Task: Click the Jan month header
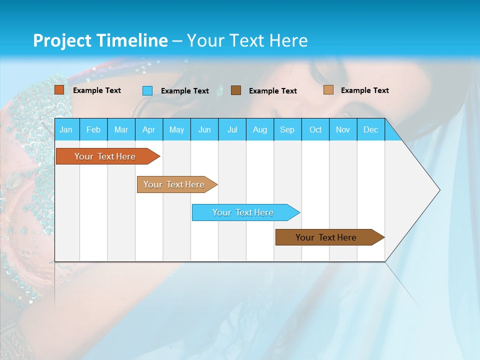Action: click(66, 129)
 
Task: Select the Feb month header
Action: click(93, 129)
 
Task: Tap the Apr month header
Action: click(148, 129)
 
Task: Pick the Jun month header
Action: click(204, 129)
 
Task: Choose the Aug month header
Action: click(259, 129)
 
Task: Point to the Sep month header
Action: click(287, 129)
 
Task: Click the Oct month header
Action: click(315, 129)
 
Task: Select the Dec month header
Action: click(370, 129)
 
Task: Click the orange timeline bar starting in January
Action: click(105, 156)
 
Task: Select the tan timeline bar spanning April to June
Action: click(174, 184)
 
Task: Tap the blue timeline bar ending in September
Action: click(243, 212)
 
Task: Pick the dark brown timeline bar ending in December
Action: click(326, 237)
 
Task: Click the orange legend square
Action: click(59, 90)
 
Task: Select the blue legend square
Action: click(147, 90)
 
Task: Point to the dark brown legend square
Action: click(236, 90)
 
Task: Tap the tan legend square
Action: click(328, 90)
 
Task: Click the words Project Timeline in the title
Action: click(100, 40)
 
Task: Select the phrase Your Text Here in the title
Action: click(247, 40)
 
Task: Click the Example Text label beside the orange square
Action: click(97, 90)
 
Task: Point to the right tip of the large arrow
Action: click(439, 190)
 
